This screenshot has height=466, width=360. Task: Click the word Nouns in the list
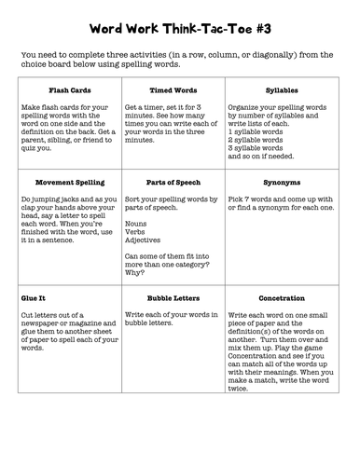[x=136, y=224]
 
